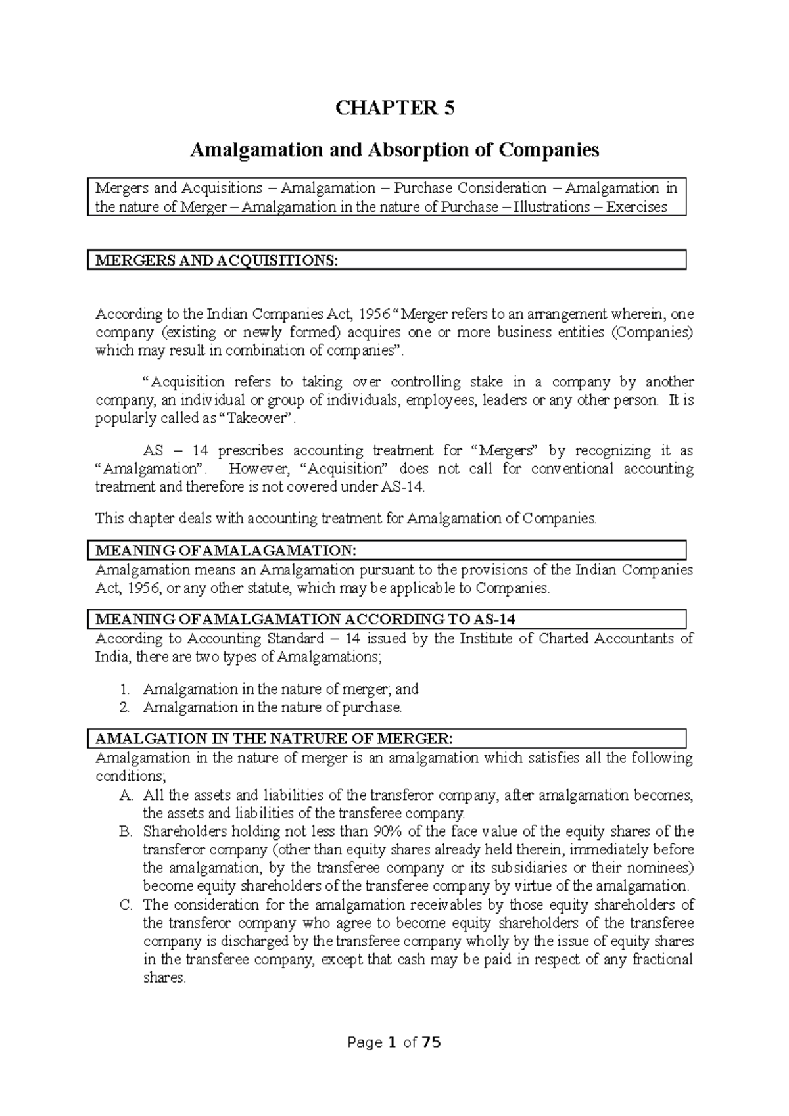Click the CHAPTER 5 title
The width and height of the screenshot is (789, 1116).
(394, 108)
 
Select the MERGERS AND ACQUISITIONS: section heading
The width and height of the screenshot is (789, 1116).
(217, 260)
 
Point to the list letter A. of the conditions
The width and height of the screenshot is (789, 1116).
(126, 795)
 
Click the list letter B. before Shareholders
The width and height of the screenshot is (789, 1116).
(126, 831)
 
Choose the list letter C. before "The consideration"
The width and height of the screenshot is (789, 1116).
(126, 905)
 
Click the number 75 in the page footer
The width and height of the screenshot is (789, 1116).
(431, 1042)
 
